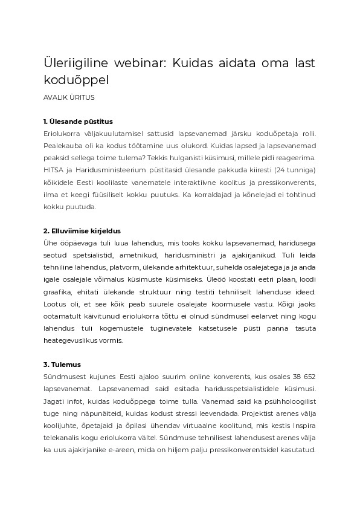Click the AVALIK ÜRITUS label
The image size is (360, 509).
coord(69,97)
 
